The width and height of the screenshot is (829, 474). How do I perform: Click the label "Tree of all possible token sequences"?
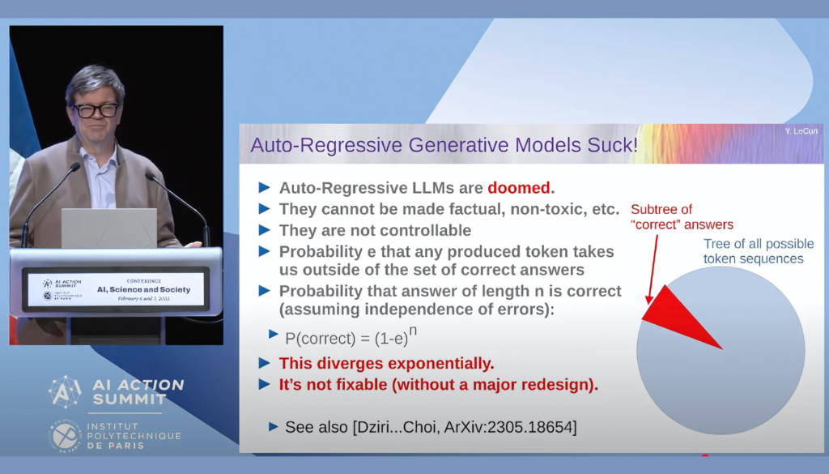(752, 251)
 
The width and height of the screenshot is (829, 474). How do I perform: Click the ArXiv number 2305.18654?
(534, 426)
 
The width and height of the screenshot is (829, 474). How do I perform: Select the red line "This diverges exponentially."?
(386, 363)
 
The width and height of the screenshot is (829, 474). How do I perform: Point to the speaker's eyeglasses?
(96, 110)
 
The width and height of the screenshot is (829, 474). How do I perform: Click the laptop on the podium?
(108, 228)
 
